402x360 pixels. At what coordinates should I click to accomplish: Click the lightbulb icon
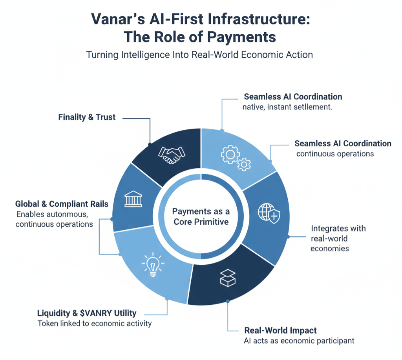[x=152, y=264]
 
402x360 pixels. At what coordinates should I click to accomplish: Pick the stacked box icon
[x=227, y=277]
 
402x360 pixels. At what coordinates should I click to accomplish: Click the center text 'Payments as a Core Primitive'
[x=201, y=216]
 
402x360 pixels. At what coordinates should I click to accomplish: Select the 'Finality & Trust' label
[x=87, y=117]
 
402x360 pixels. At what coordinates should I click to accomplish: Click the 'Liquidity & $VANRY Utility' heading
[x=87, y=313]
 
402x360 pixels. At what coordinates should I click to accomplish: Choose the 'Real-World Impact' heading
[x=280, y=330]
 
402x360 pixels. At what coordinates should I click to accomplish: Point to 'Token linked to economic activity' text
[x=95, y=324]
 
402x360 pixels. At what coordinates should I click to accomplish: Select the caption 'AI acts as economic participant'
[x=299, y=340]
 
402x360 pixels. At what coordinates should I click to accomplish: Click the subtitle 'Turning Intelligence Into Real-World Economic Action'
[x=199, y=55]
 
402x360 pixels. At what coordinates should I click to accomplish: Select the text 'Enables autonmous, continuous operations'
[x=55, y=219]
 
